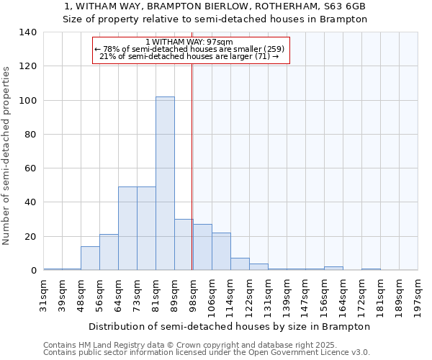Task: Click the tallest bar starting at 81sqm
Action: point(165,184)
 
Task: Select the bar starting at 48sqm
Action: point(90,258)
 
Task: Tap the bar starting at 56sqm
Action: point(109,252)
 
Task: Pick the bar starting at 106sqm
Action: point(221,251)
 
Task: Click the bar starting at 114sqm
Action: point(240,264)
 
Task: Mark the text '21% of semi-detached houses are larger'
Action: point(184,56)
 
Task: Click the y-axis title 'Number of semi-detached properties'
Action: point(6,155)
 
